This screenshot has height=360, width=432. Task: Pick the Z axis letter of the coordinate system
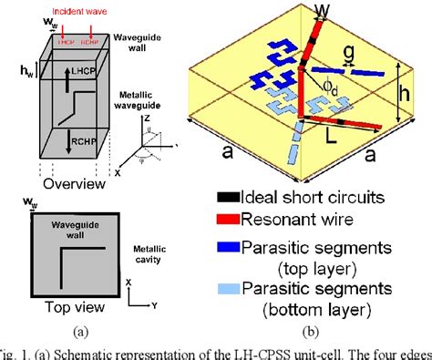[148, 120]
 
